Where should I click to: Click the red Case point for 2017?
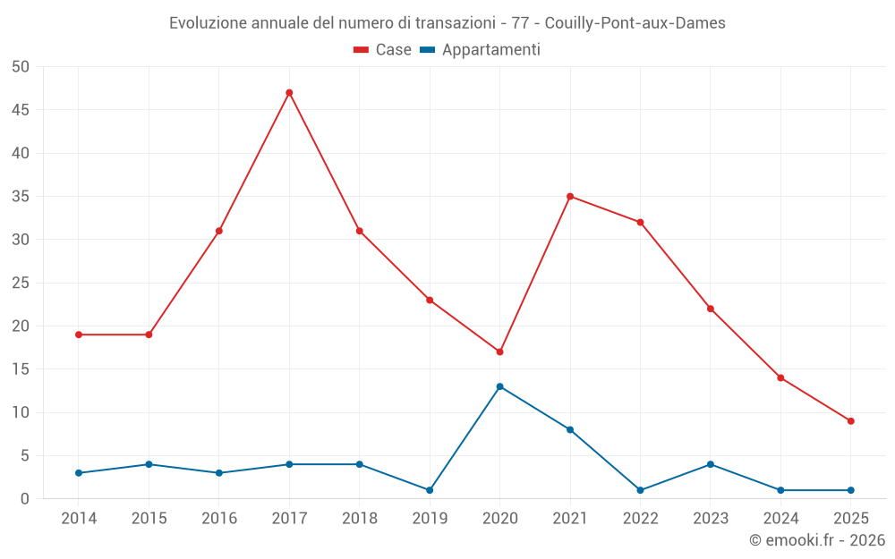[289, 93]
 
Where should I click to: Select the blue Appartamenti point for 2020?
[499, 386]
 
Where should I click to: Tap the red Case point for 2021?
[570, 197]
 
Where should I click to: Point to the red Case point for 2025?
[851, 421]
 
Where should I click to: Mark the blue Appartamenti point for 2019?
[430, 490]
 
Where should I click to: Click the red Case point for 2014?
[79, 335]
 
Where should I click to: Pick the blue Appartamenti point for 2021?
[570, 430]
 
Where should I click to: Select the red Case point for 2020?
[499, 351]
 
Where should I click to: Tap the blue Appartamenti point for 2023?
[711, 464]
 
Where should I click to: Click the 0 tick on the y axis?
[25, 499]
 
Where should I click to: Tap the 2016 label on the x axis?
[219, 519]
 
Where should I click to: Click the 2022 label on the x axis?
[641, 519]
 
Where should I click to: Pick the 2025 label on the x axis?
[851, 519]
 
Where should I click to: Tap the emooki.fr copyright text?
[817, 540]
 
